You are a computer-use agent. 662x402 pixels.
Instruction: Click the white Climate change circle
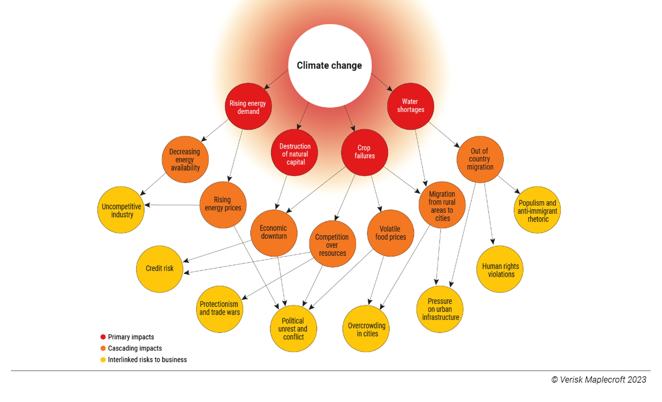click(x=330, y=66)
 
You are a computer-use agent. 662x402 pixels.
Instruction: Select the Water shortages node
click(x=410, y=106)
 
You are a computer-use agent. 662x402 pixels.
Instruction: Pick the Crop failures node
click(x=364, y=152)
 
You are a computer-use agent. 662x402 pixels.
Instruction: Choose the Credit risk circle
click(x=160, y=269)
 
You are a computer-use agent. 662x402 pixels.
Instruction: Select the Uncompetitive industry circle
click(x=121, y=210)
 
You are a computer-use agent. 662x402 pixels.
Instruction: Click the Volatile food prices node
click(x=390, y=233)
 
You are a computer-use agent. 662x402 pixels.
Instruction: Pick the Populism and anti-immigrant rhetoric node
click(x=537, y=210)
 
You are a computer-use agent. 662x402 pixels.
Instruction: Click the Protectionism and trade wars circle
click(x=220, y=309)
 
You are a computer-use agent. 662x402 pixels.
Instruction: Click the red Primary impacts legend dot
click(x=103, y=337)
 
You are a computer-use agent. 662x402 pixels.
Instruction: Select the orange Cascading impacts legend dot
click(x=103, y=348)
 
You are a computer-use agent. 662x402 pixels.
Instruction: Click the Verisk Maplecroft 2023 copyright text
click(x=599, y=380)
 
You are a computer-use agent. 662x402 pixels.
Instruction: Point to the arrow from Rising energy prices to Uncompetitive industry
click(x=172, y=205)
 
